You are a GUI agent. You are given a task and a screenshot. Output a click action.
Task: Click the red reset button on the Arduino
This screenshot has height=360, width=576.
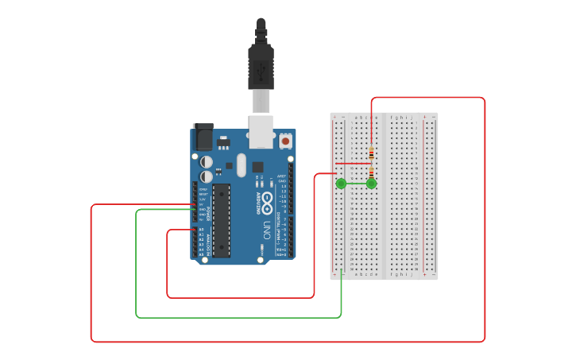tap(285, 141)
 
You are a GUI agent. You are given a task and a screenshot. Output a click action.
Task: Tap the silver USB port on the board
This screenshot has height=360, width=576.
tap(261, 132)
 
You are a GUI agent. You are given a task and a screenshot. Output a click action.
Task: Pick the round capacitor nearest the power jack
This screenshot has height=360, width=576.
tap(206, 161)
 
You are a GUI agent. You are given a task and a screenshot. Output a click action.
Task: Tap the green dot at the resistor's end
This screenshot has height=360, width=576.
tap(371, 184)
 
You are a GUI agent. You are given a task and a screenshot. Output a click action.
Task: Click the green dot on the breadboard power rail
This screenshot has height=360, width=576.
tap(341, 184)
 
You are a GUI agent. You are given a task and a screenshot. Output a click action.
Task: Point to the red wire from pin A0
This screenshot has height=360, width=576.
tap(238, 297)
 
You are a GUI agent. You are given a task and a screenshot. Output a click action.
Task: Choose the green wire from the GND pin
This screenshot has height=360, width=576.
tap(238, 317)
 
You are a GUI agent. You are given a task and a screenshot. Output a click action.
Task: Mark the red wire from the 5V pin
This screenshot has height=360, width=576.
tap(286, 342)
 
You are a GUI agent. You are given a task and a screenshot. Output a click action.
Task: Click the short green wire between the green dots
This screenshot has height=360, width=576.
tap(356, 184)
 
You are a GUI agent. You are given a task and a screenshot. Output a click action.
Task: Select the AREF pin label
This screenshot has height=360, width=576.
tap(282, 176)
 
